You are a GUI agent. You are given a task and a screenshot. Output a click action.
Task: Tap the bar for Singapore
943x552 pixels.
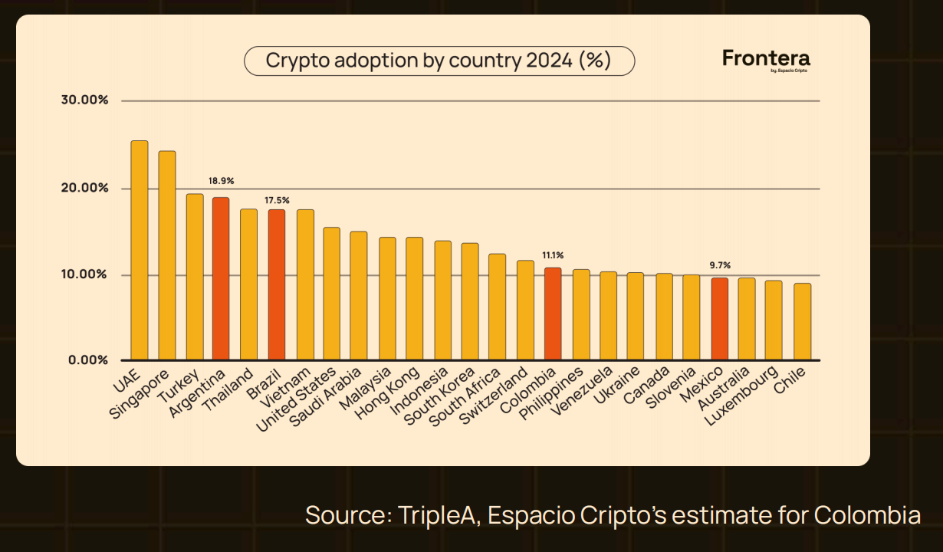point(167,255)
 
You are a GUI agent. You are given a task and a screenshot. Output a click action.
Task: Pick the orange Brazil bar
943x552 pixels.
point(276,284)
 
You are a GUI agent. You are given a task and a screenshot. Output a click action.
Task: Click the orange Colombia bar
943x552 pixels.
point(552,314)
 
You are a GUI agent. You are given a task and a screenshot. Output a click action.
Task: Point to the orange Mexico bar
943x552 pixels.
point(719,319)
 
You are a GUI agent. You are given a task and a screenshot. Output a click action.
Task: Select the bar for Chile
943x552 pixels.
point(802,322)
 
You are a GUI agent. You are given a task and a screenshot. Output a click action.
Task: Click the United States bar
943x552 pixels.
point(331,294)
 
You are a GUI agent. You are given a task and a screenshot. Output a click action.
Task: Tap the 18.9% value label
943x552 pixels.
point(221,181)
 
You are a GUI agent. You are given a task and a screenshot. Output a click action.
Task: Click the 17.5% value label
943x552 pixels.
point(277,200)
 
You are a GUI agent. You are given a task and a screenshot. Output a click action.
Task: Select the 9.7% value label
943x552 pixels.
point(719,265)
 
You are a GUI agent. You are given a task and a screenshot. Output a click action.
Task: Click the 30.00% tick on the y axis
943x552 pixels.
point(85,100)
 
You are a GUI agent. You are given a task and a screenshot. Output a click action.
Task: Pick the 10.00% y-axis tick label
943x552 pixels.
point(85,274)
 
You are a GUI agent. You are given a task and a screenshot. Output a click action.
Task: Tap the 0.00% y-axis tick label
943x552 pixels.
point(88,360)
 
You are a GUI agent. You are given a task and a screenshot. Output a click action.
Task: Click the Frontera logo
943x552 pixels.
point(766,60)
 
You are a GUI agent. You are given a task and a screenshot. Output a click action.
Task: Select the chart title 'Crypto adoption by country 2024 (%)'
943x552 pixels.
point(439,61)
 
